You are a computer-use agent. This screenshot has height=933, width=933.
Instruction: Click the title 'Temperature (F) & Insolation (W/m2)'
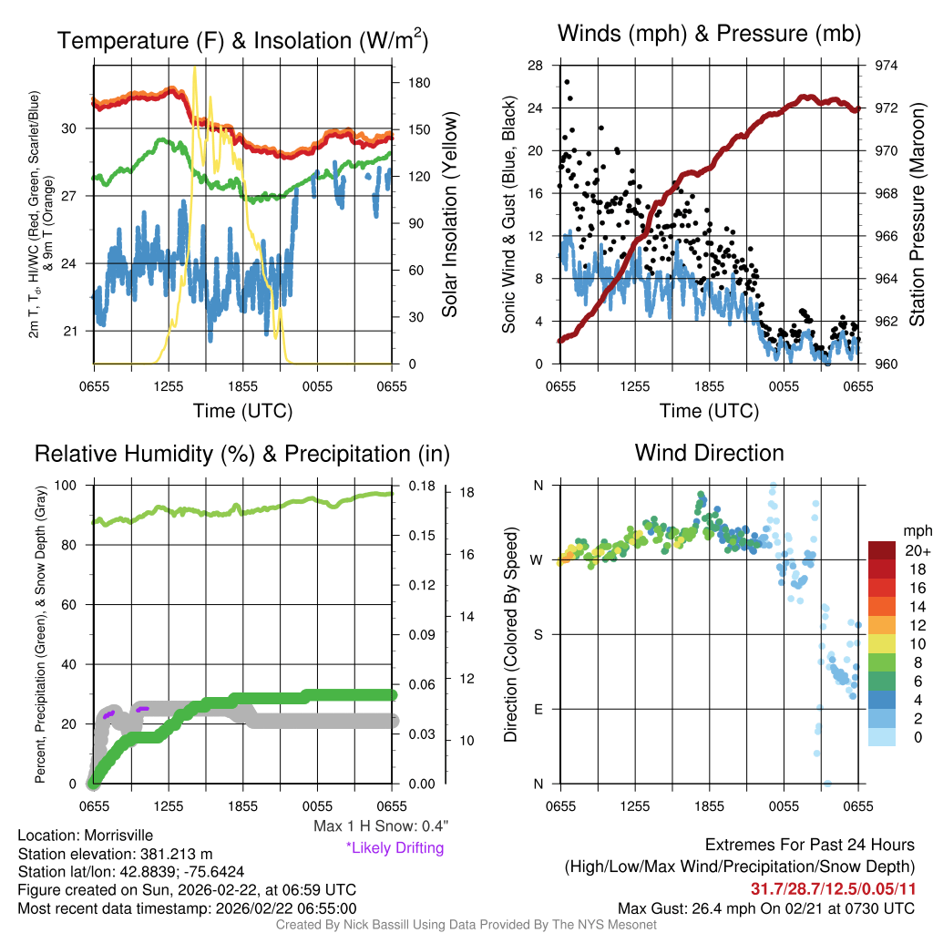point(242,41)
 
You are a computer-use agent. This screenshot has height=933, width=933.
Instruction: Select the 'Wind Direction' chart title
point(709,453)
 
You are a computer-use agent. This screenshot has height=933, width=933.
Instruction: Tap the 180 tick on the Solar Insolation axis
point(419,82)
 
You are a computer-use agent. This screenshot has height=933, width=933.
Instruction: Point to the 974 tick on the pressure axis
point(887,66)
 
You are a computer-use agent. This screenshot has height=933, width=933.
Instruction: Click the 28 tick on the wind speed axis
point(535,66)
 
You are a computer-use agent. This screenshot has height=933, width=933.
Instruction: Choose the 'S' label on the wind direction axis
point(538,634)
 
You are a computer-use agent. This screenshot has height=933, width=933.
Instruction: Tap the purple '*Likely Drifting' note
point(395,847)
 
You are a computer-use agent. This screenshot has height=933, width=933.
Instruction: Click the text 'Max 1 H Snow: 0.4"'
point(380,826)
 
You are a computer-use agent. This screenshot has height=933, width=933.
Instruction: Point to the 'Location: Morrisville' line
point(86,836)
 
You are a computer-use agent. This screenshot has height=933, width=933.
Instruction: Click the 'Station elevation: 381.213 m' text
point(115,854)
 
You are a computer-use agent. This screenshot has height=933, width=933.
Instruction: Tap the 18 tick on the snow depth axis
point(467,493)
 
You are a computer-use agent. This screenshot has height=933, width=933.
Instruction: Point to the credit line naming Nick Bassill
point(466,924)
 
